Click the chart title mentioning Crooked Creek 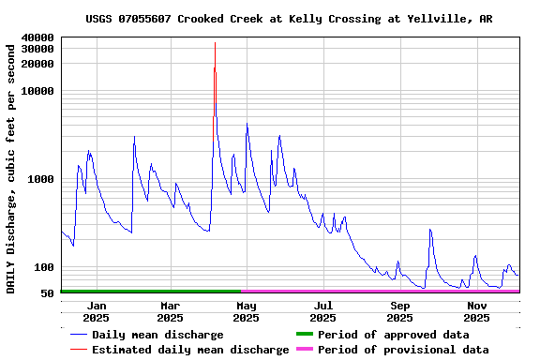tap(289, 19)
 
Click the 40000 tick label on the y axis tap(38, 37)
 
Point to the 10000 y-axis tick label tap(38, 91)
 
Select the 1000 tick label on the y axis tap(41, 179)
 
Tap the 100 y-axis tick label tap(44, 267)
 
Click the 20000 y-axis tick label tap(38, 64)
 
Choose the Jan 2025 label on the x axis tap(96, 311)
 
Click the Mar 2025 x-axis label tap(170, 311)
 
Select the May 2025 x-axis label tap(246, 311)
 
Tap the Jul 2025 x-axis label tap(322, 311)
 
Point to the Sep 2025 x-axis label tap(400, 311)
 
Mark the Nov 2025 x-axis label tap(477, 311)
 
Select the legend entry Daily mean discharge tap(157, 335)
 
